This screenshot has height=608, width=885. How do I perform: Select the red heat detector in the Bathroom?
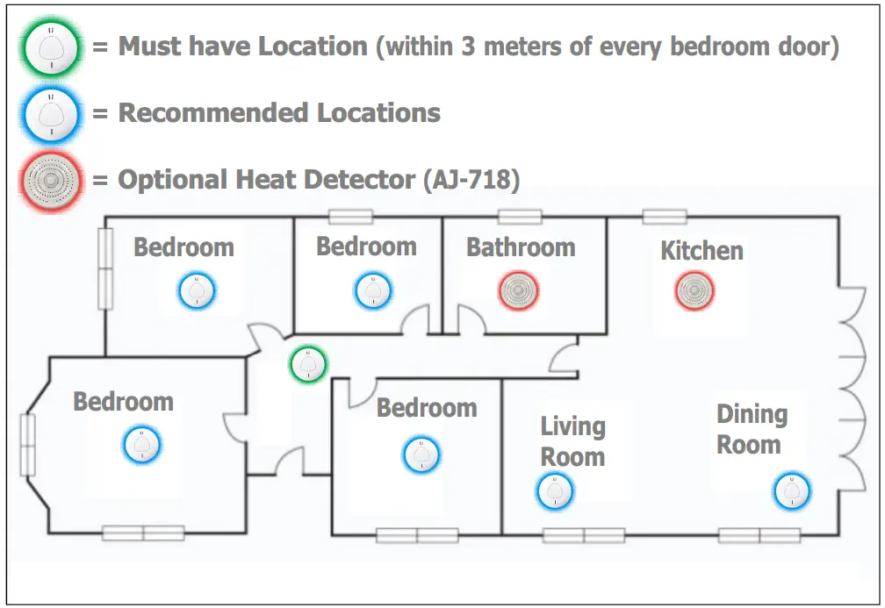[x=518, y=290]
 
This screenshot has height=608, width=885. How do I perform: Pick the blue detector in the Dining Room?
[x=793, y=490]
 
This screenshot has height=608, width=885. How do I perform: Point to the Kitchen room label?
[x=702, y=251]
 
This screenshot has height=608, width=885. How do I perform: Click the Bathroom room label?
[x=521, y=247]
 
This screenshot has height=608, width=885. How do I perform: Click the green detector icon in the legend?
[x=52, y=49]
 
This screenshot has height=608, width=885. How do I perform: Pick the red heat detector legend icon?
[x=52, y=181]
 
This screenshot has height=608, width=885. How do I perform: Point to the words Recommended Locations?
[x=279, y=113]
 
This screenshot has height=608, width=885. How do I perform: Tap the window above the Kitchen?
[x=664, y=217]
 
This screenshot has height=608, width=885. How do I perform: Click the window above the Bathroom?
[x=520, y=217]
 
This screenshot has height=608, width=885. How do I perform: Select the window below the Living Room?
[x=584, y=535]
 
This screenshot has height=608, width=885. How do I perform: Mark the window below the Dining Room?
[x=759, y=535]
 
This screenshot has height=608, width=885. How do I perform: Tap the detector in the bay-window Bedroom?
[x=141, y=445]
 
